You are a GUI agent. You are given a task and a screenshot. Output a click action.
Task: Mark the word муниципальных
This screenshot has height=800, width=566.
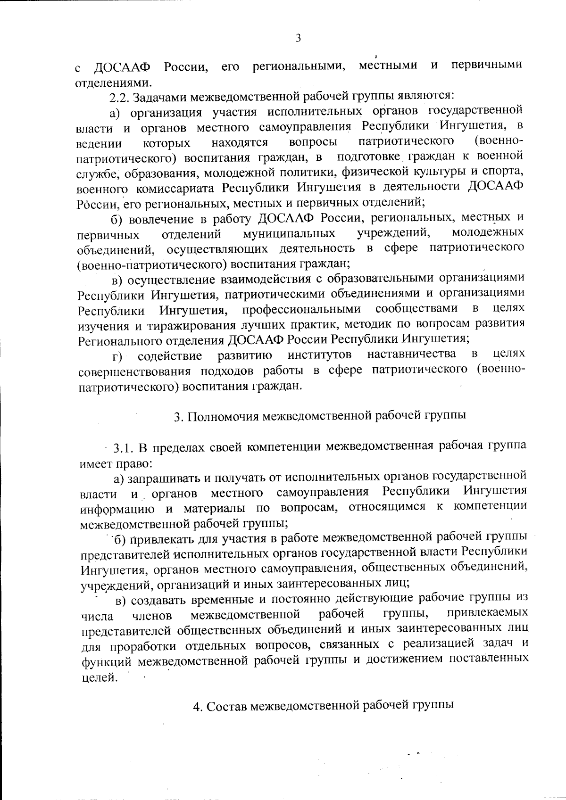[289, 233]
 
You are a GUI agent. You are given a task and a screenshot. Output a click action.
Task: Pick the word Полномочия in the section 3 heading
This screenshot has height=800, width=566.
[221, 416]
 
